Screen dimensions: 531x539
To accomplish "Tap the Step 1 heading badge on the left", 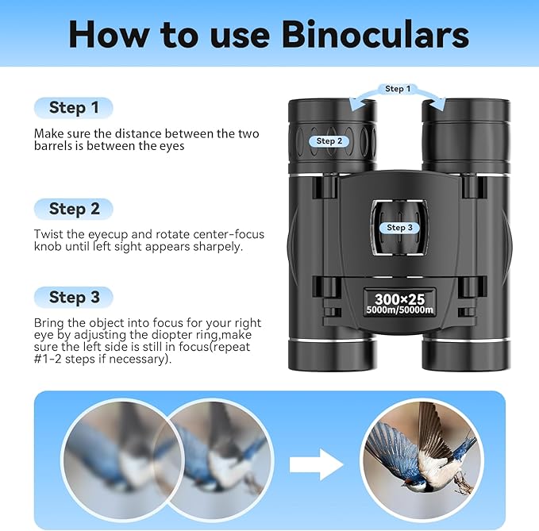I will click(x=74, y=107).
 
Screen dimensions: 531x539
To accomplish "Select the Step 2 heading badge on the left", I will click(x=74, y=209).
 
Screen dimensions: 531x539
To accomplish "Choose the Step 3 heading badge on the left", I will click(x=74, y=297).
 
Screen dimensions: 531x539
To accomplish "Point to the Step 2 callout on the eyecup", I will click(x=329, y=141).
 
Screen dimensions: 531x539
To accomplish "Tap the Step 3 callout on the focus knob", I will click(x=399, y=228).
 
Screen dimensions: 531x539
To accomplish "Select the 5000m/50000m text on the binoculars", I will click(x=400, y=310).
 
